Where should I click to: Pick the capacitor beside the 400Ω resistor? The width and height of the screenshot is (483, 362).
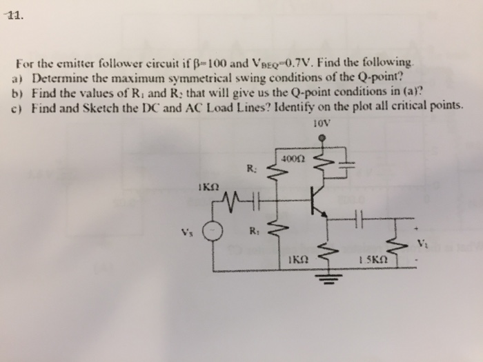[x=344, y=164]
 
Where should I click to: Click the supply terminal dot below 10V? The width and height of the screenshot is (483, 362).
[x=322, y=137]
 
